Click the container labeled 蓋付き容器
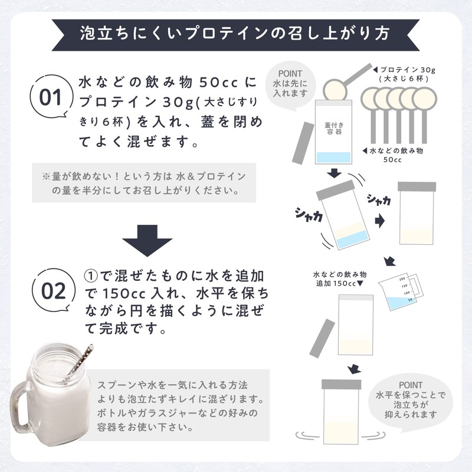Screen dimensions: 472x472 333,133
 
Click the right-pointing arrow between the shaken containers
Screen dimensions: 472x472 381,221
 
